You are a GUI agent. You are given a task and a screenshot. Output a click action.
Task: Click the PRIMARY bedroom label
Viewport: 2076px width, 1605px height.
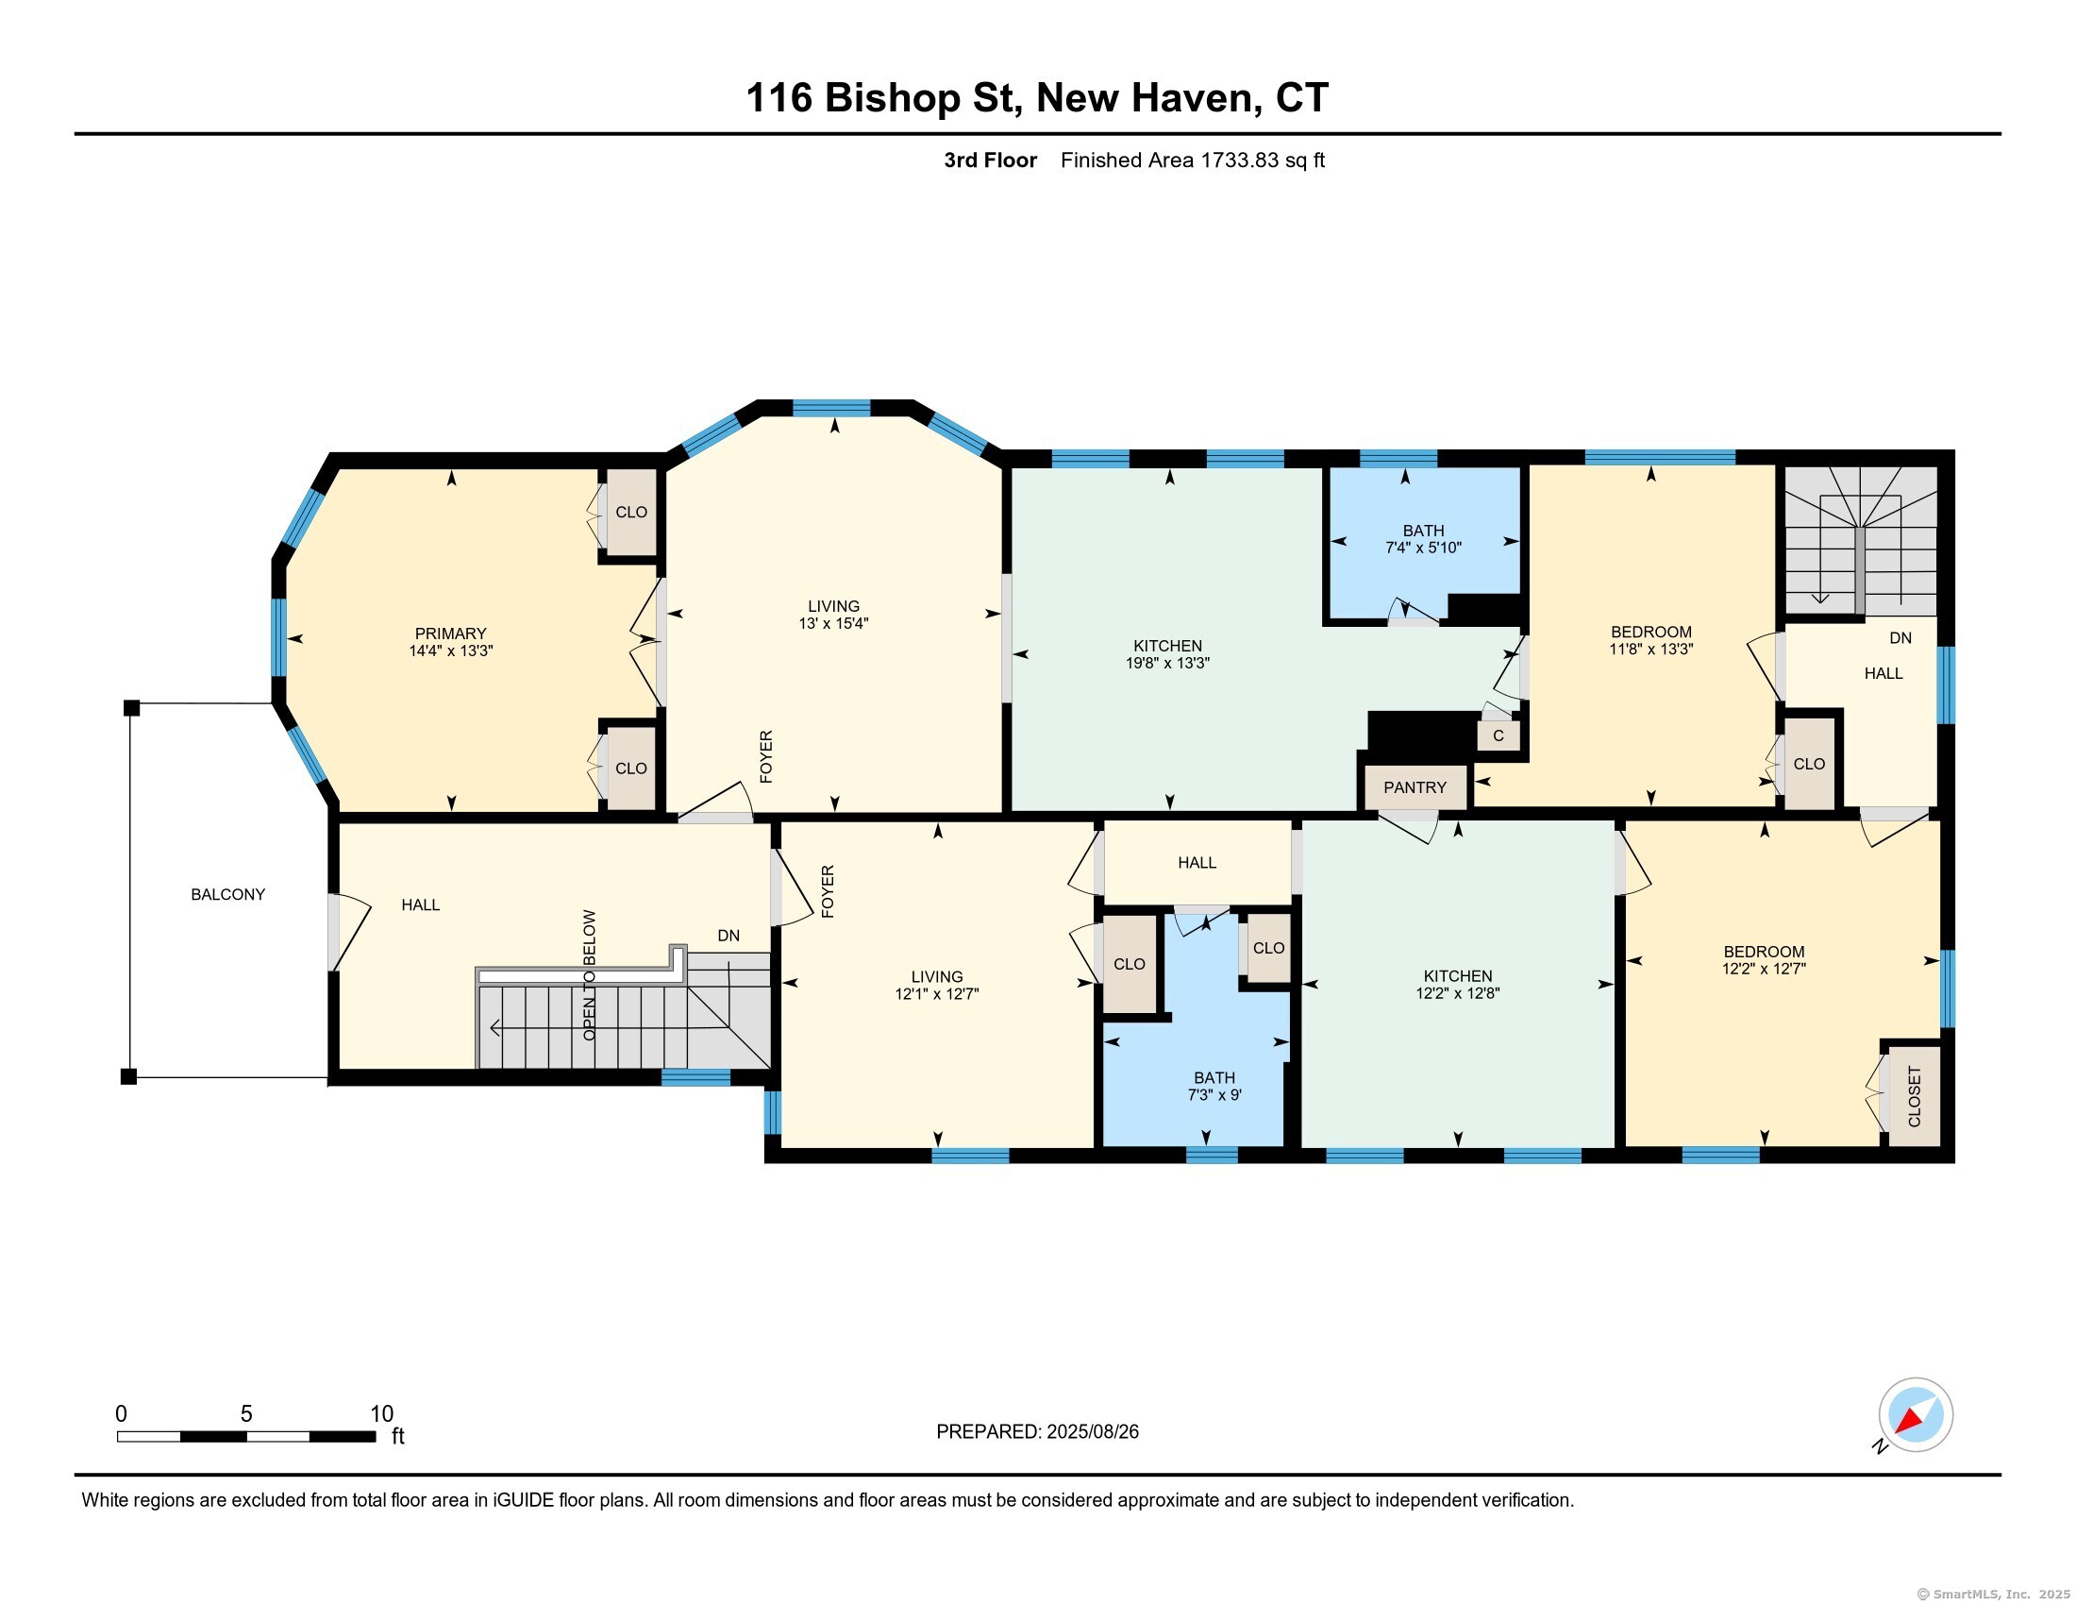coord(450,634)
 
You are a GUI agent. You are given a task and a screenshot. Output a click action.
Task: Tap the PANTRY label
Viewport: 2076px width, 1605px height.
coord(1415,787)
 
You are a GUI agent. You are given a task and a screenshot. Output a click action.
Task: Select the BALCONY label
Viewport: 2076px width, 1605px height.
coord(228,894)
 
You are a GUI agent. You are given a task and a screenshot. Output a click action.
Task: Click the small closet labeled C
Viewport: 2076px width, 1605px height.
coord(1498,735)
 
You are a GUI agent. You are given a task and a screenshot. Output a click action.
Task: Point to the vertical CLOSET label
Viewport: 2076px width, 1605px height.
coord(1915,1096)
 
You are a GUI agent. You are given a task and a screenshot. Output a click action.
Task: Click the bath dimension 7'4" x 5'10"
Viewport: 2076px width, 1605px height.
coord(1423,548)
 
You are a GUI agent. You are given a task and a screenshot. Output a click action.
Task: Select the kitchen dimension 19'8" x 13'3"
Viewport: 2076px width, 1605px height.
coord(1167,663)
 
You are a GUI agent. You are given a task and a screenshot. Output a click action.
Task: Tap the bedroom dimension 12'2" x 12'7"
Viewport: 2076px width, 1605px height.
coord(1765,969)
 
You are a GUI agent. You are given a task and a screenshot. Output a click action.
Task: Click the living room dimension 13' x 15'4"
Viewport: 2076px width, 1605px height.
coord(833,624)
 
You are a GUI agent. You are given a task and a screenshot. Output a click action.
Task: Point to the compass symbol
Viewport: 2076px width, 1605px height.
coord(1916,1415)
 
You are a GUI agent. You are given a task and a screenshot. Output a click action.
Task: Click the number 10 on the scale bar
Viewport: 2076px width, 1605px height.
coord(381,1414)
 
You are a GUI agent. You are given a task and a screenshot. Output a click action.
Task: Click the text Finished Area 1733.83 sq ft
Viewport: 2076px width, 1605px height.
coord(1193,160)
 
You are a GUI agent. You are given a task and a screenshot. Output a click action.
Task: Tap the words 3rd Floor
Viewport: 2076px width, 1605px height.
coord(991,160)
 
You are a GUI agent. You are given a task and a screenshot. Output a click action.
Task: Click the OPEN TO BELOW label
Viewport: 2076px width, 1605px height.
coord(590,974)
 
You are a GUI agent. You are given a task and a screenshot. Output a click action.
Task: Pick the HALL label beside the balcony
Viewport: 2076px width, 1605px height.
coord(420,905)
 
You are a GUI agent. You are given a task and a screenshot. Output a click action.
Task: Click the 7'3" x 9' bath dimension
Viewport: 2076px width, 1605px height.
coord(1214,1095)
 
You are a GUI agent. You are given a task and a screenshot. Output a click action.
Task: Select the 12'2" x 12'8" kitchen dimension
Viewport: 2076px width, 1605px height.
coord(1458,993)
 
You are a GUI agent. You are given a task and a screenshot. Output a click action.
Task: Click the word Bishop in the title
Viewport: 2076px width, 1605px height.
coord(893,98)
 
